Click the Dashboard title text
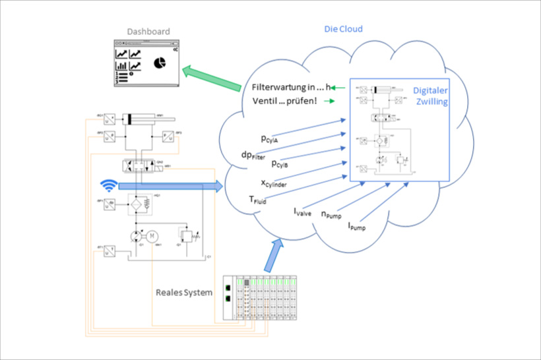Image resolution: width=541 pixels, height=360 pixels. pos(148,31)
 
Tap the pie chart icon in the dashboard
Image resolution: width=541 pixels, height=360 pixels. pos(159,63)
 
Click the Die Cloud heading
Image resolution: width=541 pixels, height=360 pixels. pos(343,29)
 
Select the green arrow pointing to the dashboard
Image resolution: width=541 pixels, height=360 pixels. pos(211,77)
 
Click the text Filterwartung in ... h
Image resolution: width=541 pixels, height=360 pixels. pos(290,87)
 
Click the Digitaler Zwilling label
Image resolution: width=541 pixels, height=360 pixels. pos(430,96)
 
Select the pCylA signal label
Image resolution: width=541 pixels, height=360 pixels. pos(272,139)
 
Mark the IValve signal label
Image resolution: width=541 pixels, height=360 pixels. pos(302,212)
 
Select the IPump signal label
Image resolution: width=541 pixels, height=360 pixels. pos(356,226)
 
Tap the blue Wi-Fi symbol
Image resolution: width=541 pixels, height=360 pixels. pos(107,185)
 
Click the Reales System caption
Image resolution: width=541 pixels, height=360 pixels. pos(184,292)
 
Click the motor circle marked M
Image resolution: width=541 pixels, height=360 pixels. pos(152,235)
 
